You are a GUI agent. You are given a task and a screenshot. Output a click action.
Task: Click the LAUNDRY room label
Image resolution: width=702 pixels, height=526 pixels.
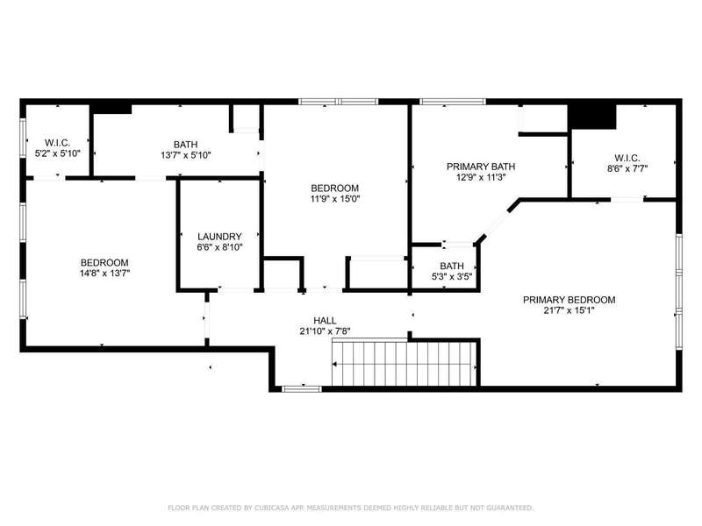(219, 236)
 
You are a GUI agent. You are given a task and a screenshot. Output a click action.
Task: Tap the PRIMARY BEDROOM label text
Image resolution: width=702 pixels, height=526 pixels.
(569, 300)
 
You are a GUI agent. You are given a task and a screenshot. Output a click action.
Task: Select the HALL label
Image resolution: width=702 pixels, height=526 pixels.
(325, 320)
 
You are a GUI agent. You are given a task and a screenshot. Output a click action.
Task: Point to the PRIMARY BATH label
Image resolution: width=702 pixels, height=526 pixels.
(481, 167)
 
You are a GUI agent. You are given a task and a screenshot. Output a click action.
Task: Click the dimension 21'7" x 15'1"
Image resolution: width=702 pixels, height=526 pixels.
(569, 310)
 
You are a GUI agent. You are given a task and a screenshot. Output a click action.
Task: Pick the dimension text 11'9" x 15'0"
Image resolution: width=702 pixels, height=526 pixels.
(335, 199)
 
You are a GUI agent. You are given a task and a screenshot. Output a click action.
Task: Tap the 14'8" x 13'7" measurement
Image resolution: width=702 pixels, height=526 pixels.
(104, 274)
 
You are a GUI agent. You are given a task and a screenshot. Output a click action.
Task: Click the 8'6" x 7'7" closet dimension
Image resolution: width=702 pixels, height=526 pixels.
(627, 168)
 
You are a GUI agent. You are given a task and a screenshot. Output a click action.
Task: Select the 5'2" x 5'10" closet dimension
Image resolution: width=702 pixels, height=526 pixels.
(58, 153)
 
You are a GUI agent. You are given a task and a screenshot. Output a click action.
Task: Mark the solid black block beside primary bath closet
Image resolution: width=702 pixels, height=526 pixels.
(591, 117)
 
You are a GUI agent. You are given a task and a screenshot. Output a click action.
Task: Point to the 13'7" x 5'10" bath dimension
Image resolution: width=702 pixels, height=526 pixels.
(186, 155)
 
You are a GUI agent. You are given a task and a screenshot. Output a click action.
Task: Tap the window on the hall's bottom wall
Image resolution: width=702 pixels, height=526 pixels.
(302, 388)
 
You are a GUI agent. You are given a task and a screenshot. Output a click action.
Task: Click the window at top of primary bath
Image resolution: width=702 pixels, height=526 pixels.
(452, 102)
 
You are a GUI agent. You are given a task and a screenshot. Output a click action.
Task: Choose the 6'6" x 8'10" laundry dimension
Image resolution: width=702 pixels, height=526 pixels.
(219, 247)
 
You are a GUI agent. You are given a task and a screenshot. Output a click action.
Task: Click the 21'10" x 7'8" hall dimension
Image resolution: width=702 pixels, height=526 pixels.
(325, 331)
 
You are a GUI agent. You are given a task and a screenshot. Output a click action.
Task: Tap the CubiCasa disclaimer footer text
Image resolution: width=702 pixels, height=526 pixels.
(351, 508)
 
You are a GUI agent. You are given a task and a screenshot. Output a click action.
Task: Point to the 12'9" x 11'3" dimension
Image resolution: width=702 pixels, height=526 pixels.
(481, 177)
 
